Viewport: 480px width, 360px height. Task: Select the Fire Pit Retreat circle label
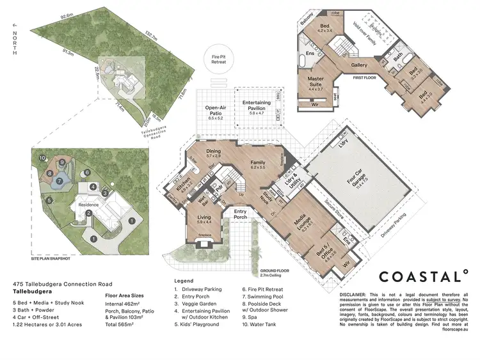[220, 60]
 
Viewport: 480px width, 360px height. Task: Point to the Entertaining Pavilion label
[257, 106]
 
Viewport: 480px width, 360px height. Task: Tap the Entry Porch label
[240, 214]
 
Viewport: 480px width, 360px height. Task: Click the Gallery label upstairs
[358, 65]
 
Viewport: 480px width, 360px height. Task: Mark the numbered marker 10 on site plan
[42, 157]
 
